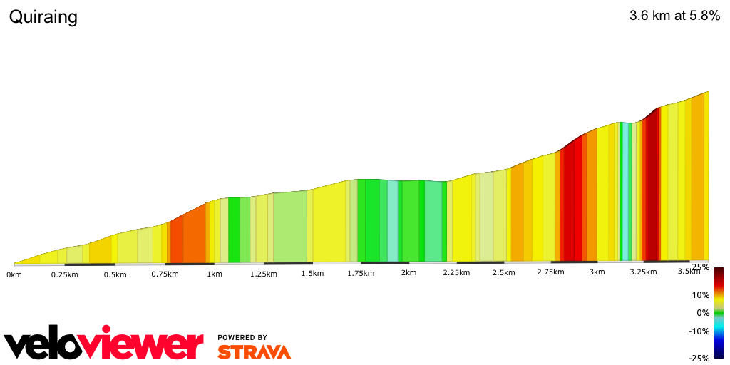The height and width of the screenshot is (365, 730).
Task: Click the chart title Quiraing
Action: click(x=43, y=17)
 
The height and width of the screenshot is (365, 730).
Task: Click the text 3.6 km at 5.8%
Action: click(x=674, y=16)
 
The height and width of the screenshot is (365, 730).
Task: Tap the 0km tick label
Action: click(x=14, y=274)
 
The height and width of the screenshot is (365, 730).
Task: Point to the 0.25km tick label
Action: click(x=64, y=274)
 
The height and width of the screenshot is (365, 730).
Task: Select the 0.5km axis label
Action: click(x=115, y=274)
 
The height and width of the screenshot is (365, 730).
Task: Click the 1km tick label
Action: click(x=215, y=274)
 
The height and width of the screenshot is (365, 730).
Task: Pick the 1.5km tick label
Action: click(x=312, y=274)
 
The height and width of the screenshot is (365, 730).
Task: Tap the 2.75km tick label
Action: click(x=550, y=272)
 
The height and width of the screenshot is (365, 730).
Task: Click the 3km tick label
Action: click(x=597, y=272)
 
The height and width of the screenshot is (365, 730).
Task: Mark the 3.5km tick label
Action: click(x=689, y=272)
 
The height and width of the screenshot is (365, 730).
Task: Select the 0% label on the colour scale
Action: click(x=703, y=313)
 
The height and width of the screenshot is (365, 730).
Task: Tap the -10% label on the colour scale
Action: click(x=699, y=331)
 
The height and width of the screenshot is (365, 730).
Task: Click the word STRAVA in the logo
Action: click(x=254, y=352)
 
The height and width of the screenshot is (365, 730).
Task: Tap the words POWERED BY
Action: click(x=242, y=338)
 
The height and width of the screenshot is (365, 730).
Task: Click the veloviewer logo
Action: click(x=103, y=344)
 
